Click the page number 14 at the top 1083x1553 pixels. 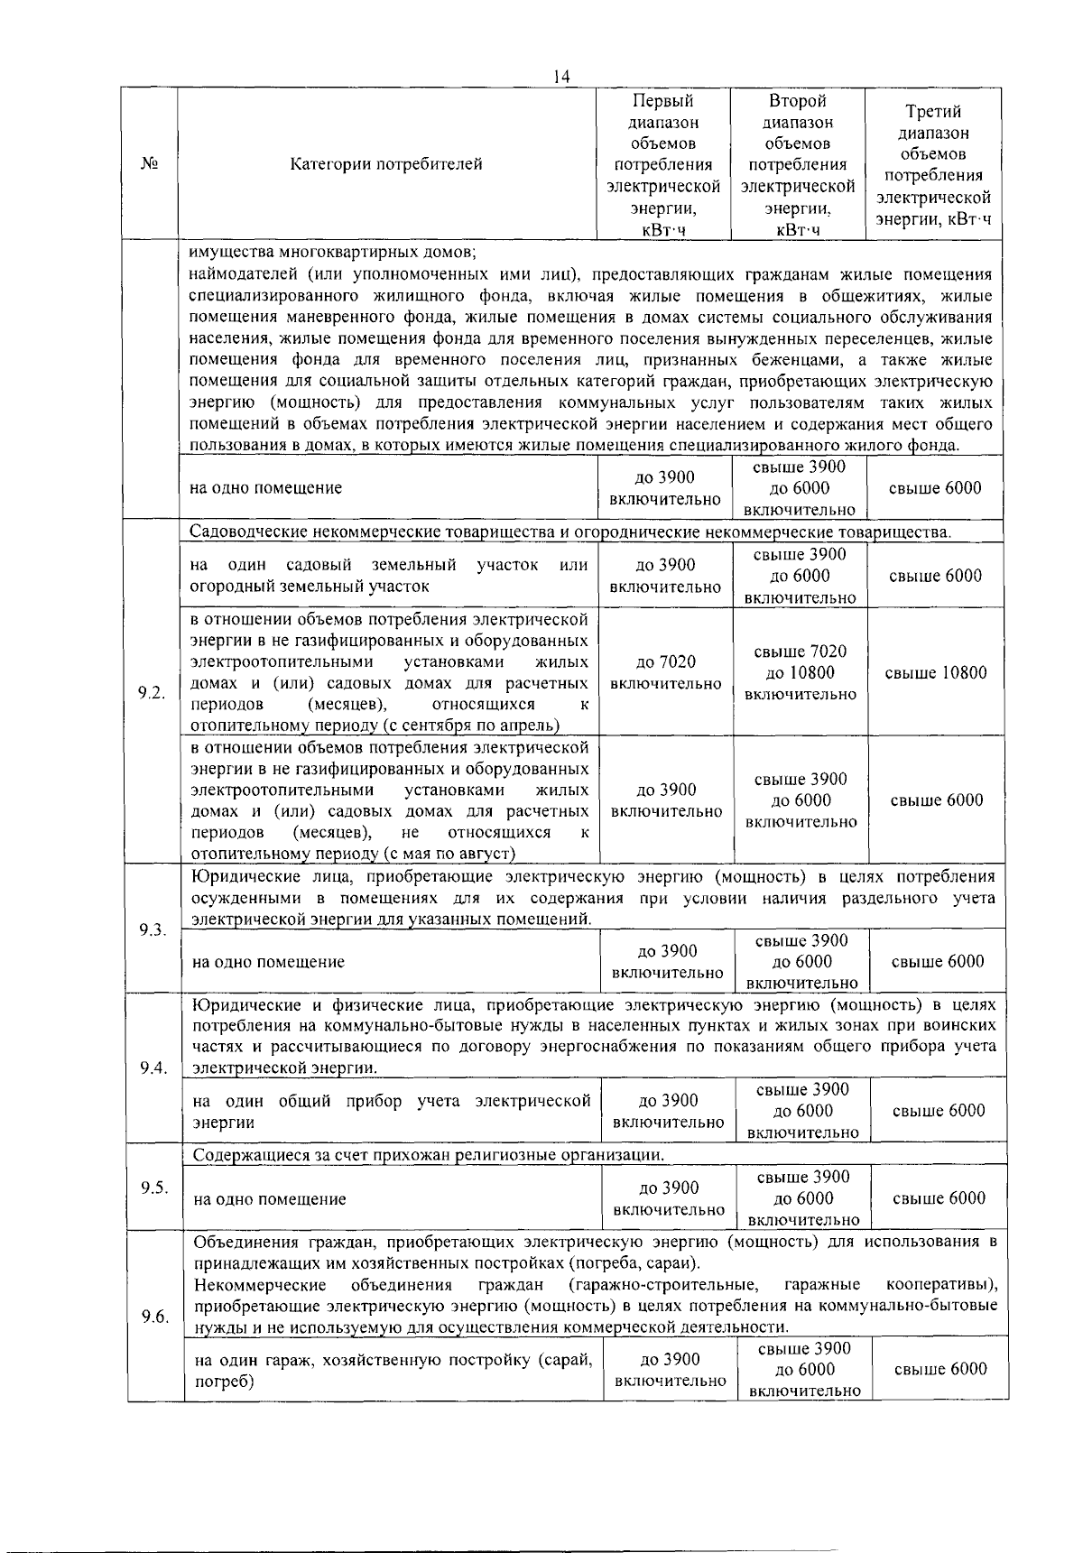[x=561, y=78]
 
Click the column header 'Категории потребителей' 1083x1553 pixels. [x=386, y=164]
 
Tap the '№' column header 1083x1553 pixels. [x=151, y=164]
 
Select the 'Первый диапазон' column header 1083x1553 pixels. [x=663, y=164]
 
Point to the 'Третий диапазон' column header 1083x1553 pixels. [x=933, y=164]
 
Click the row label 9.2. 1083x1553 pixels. [x=152, y=692]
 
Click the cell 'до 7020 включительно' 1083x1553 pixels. [x=666, y=672]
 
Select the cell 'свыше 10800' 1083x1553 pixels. [x=936, y=672]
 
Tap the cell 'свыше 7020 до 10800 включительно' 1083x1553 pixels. [x=801, y=672]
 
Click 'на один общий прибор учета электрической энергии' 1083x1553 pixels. [x=392, y=1112]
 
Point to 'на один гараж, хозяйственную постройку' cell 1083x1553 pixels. [x=393, y=1370]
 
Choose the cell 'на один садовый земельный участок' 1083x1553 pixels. [x=389, y=576]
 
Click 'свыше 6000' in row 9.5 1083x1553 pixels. [x=939, y=1198]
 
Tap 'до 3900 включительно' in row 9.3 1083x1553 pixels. [x=667, y=962]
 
